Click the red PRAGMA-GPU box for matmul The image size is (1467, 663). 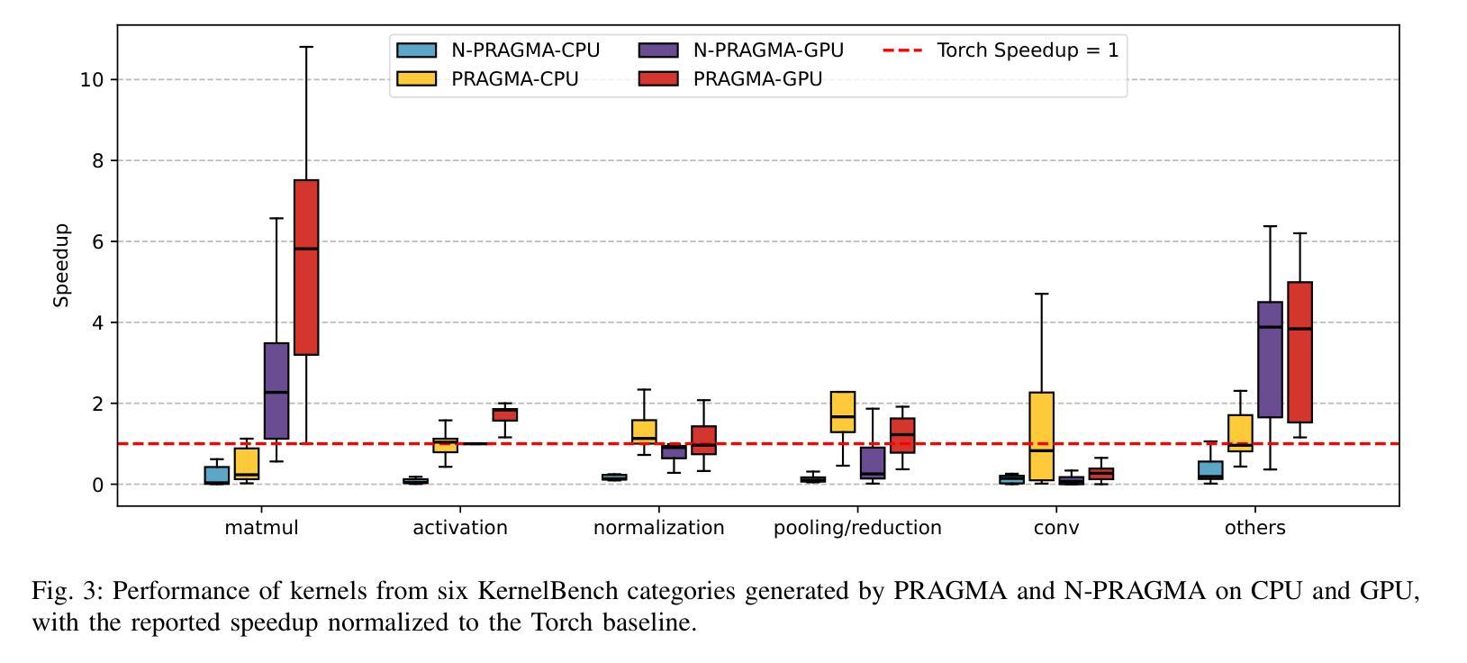coord(306,268)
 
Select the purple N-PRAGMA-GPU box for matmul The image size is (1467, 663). coord(276,391)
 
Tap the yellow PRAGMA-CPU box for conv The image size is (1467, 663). coord(1042,436)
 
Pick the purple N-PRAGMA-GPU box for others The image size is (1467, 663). coord(1270,359)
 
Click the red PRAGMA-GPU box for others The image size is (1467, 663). coord(1299,352)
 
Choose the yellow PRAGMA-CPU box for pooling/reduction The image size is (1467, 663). coord(843,412)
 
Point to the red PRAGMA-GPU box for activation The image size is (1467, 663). coord(504,414)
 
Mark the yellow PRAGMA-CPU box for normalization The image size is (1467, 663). coord(644,431)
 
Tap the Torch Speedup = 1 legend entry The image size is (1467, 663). coord(1000,50)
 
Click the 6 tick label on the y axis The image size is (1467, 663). coord(98,241)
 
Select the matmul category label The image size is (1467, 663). coord(261,528)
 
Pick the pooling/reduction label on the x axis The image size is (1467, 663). coord(857,528)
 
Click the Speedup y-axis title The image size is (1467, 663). coord(61,266)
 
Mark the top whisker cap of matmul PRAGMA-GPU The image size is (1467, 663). coord(306,47)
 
